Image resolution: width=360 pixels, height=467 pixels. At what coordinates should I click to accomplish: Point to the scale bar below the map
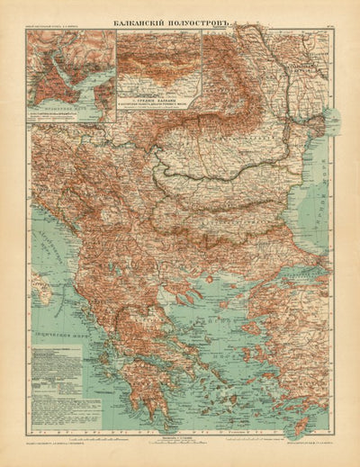(180, 445)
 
